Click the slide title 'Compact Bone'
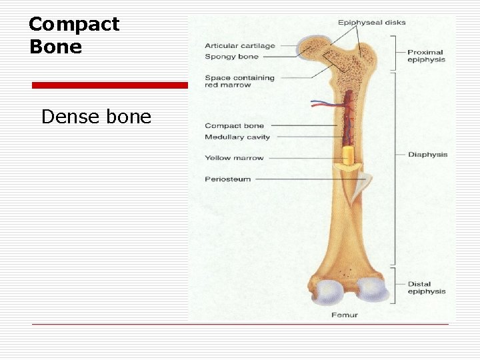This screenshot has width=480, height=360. (x=73, y=35)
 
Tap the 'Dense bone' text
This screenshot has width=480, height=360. (x=96, y=117)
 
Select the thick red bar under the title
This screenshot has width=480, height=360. (x=110, y=85)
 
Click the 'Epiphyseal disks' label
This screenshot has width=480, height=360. (x=371, y=23)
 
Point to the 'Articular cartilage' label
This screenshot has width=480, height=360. (x=239, y=46)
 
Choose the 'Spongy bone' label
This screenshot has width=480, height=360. (x=231, y=57)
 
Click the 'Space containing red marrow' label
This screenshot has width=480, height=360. (x=239, y=81)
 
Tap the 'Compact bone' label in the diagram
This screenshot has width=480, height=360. (x=234, y=125)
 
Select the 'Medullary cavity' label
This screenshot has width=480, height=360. (x=237, y=137)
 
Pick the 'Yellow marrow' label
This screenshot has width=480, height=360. (x=234, y=158)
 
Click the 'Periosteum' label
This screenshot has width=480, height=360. (x=227, y=179)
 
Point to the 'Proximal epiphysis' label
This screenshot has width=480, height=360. (x=426, y=56)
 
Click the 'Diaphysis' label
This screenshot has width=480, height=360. (x=427, y=155)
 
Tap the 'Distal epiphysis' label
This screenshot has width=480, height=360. (x=426, y=288)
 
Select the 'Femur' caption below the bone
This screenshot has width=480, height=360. (x=344, y=315)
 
